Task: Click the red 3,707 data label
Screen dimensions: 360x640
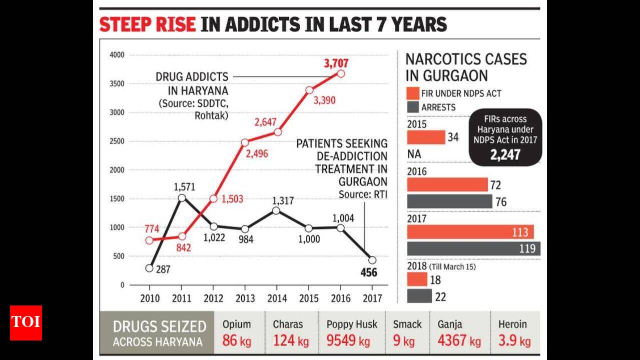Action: click(336, 63)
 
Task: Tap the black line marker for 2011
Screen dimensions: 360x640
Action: click(182, 197)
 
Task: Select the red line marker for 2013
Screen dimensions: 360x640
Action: click(245, 142)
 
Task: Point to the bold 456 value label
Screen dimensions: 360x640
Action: click(369, 272)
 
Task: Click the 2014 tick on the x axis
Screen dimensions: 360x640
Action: click(277, 298)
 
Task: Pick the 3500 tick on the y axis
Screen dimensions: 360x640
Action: click(117, 83)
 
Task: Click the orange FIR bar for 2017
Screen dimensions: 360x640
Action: click(470, 231)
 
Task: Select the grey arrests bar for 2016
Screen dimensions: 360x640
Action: click(449, 201)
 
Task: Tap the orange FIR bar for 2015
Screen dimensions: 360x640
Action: click(426, 137)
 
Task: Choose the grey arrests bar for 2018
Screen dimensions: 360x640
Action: click(419, 296)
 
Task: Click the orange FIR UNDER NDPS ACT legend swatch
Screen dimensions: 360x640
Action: click(412, 93)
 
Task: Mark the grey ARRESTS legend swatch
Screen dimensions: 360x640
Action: click(412, 106)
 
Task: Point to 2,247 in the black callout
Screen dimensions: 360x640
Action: click(505, 154)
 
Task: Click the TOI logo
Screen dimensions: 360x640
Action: click(26, 322)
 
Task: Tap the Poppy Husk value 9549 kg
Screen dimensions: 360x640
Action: click(348, 341)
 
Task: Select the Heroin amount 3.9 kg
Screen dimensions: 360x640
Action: click(514, 341)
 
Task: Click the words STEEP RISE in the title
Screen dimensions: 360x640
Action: click(148, 24)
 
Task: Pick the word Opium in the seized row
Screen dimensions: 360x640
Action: click(237, 324)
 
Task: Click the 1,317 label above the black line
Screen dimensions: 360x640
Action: click(283, 201)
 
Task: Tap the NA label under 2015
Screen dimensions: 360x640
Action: click(414, 154)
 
